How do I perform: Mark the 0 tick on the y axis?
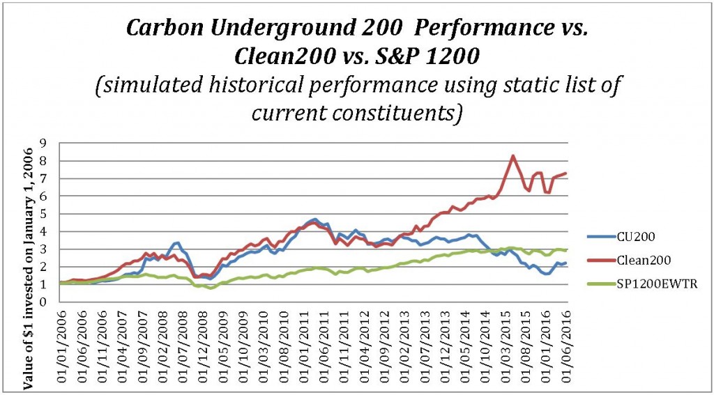pos(43,302)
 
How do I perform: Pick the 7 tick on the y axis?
pos(43,179)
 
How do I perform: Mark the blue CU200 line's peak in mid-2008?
pos(178,242)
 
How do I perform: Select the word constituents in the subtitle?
pos(405,112)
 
